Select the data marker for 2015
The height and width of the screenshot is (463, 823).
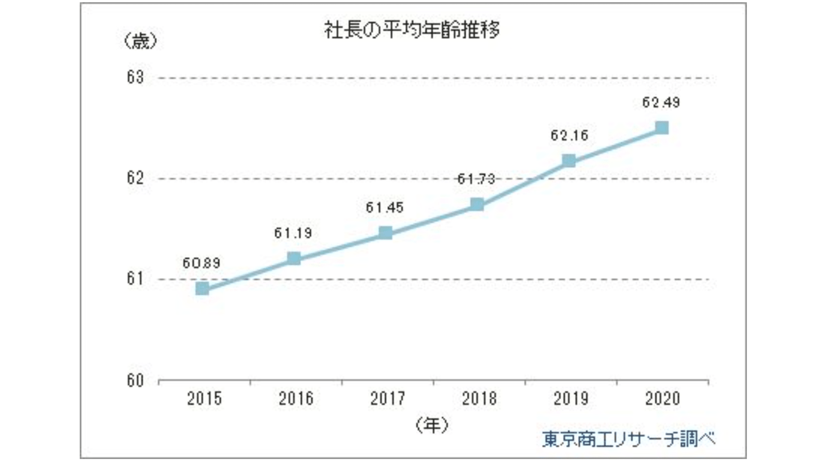coord(202,289)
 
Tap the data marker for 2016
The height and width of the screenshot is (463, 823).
coord(294,258)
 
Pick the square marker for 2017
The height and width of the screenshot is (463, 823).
coord(385,233)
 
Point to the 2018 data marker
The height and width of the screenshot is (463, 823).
coord(477,205)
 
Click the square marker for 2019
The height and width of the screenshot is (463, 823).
coord(569,161)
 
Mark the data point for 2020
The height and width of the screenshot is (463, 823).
coord(661,127)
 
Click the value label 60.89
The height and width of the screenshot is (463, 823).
coord(201,264)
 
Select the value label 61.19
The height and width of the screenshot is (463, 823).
coord(293,233)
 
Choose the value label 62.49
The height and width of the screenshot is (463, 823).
coord(661,103)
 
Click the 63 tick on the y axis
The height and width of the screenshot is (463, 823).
coord(135,78)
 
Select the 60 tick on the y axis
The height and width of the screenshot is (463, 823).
coord(135,380)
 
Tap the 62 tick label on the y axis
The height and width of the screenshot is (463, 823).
coord(135,179)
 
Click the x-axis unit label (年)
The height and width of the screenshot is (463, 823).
coord(431,424)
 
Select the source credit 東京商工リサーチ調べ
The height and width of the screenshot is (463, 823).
coord(629,439)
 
